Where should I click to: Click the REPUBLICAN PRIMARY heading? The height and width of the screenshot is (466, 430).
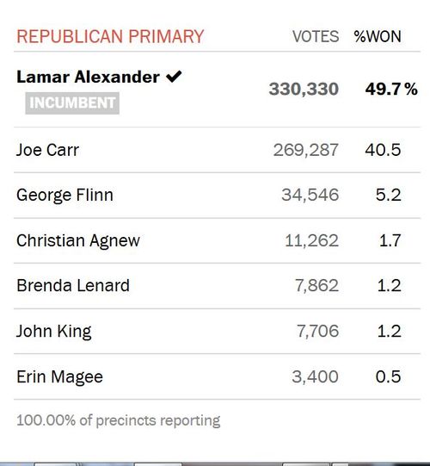point(110,37)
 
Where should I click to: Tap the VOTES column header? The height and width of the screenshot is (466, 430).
point(316,37)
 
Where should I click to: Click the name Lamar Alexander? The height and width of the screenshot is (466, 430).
point(88,77)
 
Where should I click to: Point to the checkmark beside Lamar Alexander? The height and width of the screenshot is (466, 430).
point(173,77)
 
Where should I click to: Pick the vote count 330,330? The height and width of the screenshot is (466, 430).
point(304,89)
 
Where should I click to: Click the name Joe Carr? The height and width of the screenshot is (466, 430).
point(48,150)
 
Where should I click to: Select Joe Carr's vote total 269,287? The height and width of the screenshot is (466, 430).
point(305,150)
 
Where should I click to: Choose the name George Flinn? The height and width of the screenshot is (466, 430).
point(64,196)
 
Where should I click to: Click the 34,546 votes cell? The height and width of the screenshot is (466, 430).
point(310,196)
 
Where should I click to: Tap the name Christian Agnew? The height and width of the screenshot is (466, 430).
point(78,240)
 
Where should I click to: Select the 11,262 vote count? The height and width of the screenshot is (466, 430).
point(311,240)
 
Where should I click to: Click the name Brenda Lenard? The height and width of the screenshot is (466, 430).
point(73,285)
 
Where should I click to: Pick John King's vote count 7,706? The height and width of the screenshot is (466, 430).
point(316,331)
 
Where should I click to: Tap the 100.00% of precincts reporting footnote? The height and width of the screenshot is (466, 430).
point(118,420)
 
